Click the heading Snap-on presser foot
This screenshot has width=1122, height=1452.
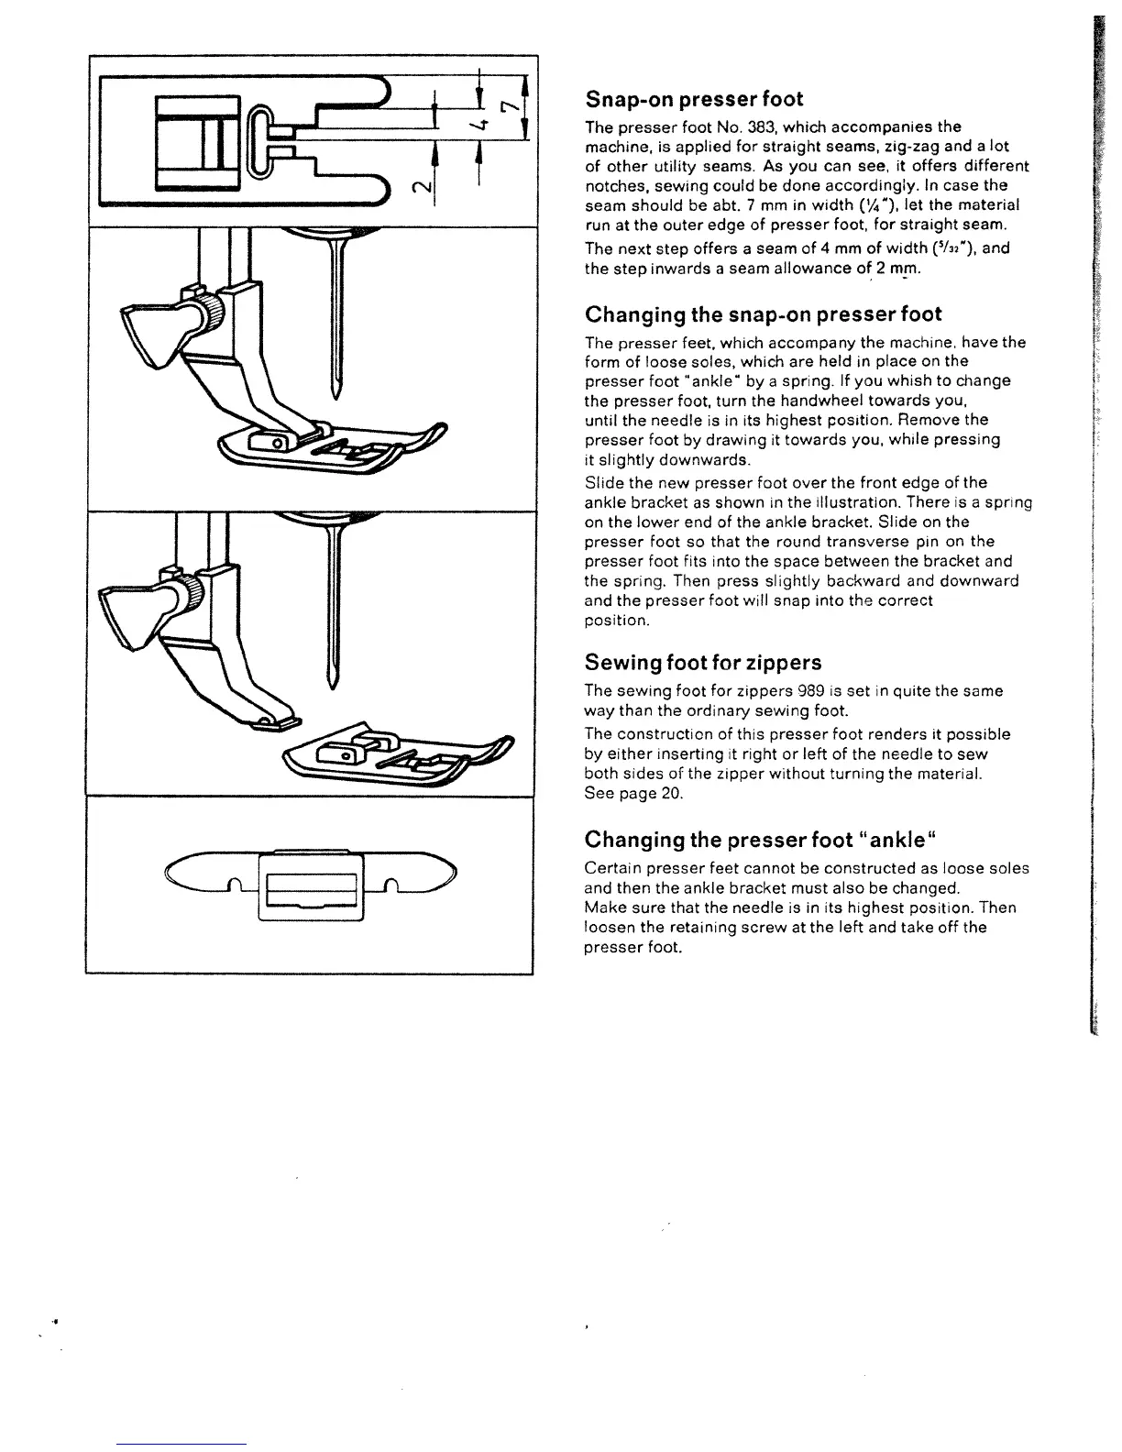click(694, 99)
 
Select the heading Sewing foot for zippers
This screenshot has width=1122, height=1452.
click(703, 663)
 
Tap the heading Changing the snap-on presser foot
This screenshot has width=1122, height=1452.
click(763, 314)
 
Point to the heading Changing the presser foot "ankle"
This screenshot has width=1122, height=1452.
click(758, 840)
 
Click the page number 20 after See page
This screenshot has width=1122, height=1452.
click(671, 794)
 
